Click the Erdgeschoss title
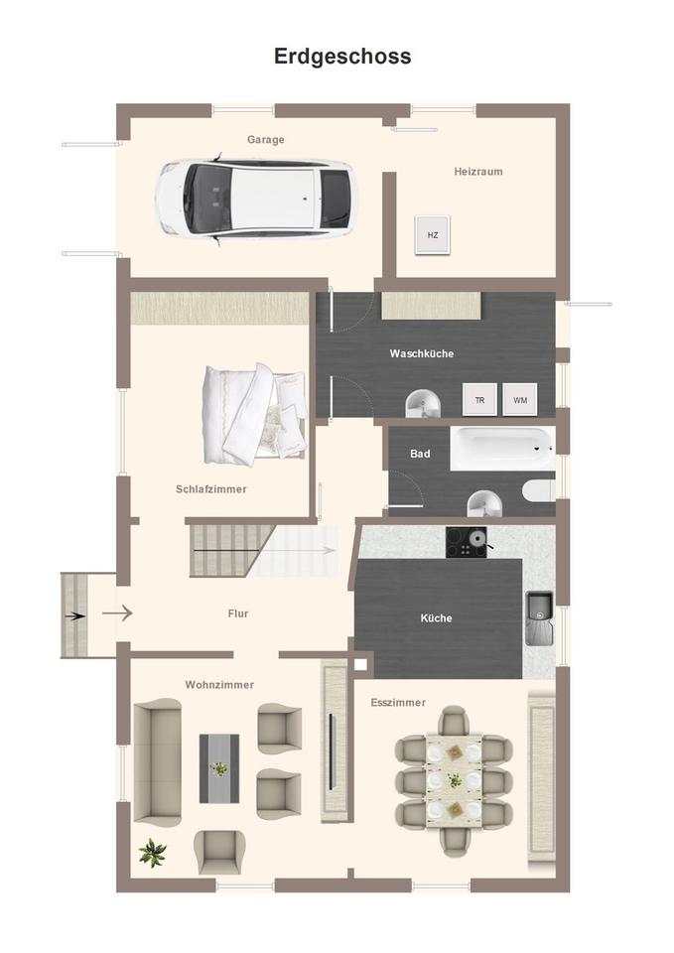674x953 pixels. [x=342, y=57]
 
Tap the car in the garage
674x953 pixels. [x=255, y=199]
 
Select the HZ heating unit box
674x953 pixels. [x=432, y=235]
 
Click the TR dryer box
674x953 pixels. [x=479, y=399]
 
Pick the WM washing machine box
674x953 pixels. [x=519, y=399]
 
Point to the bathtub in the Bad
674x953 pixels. [x=502, y=448]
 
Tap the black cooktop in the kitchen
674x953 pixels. [x=467, y=542]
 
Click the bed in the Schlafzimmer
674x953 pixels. [x=254, y=413]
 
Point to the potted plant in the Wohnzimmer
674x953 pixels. [x=152, y=852]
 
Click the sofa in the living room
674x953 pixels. [x=158, y=760]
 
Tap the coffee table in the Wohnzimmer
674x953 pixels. [x=219, y=767]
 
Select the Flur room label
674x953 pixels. [x=238, y=613]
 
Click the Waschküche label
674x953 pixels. [x=422, y=353]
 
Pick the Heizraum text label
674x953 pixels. [x=478, y=171]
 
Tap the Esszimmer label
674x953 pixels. [x=398, y=703]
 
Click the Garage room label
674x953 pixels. [x=265, y=140]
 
